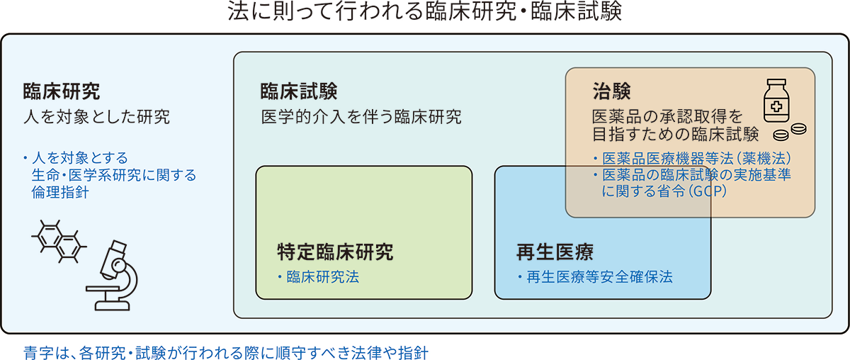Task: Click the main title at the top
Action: [425, 13]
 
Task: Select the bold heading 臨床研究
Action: [62, 91]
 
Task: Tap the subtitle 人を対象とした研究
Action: [96, 117]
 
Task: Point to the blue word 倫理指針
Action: [59, 191]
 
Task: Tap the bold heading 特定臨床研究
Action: [334, 252]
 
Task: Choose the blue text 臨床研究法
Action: [322, 276]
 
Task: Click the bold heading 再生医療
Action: [554, 252]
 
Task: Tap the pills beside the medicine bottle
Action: [790, 132]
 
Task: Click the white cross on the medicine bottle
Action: [776, 108]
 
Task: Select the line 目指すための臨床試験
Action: [675, 133]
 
